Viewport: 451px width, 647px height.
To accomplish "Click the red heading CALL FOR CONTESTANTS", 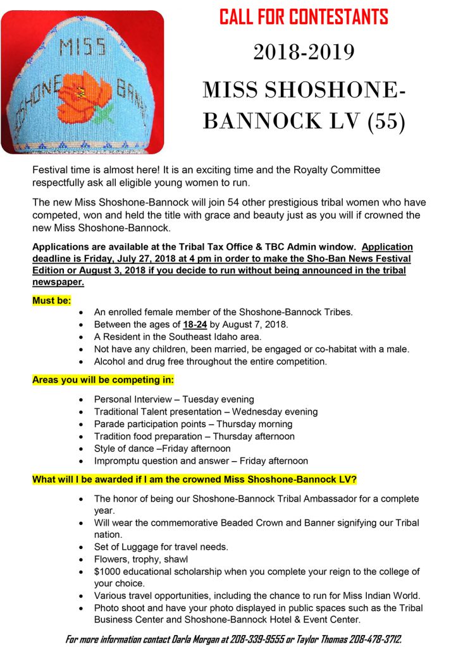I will click(304, 16).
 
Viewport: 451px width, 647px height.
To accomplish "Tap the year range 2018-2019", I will click(304, 52).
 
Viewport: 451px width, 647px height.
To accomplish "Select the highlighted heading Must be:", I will click(52, 300).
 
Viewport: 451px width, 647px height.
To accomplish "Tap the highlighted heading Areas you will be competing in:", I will click(103, 380).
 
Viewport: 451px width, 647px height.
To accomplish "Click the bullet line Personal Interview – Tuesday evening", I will click(174, 399).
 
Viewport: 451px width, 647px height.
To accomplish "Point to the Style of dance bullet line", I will click(163, 449).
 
